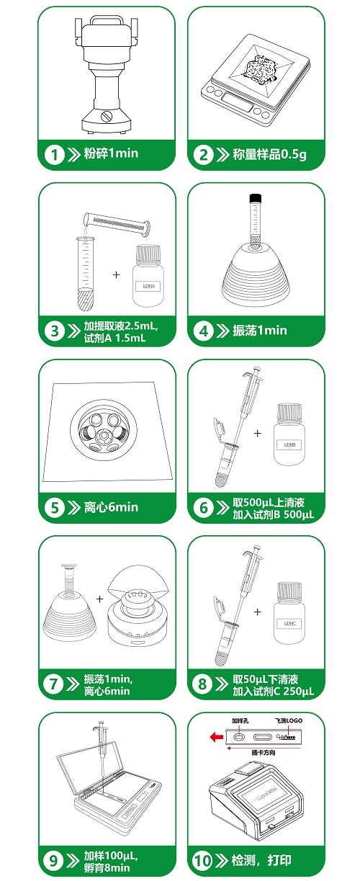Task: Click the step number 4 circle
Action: point(202,331)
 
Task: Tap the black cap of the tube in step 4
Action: point(255,198)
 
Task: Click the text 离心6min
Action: point(110,508)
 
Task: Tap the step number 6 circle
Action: point(202,508)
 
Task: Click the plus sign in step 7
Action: point(99,598)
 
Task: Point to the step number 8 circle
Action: point(202,684)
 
